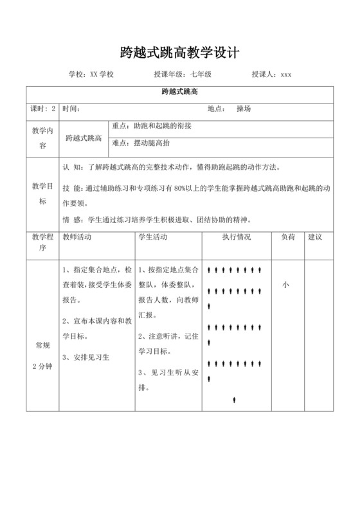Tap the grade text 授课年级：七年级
tap(183, 75)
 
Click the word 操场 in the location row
tap(244, 109)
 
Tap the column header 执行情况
tap(236, 237)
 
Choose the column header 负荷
tap(287, 237)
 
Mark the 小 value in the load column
tap(285, 285)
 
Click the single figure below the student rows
tap(235, 399)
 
